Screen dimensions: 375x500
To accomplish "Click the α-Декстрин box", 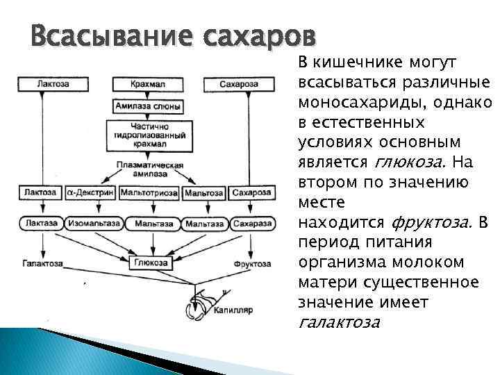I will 92,192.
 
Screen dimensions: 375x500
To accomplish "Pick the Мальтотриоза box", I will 149,192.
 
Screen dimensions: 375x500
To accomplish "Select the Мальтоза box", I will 203,192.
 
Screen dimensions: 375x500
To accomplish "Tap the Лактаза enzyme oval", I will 42,224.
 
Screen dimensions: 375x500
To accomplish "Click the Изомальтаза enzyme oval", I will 94,224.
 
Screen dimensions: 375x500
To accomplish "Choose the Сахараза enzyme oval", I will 251,224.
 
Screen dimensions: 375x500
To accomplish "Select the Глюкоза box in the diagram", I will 150,262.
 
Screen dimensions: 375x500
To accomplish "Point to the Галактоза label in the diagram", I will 42,265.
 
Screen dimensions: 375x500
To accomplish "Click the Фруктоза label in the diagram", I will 251,265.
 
